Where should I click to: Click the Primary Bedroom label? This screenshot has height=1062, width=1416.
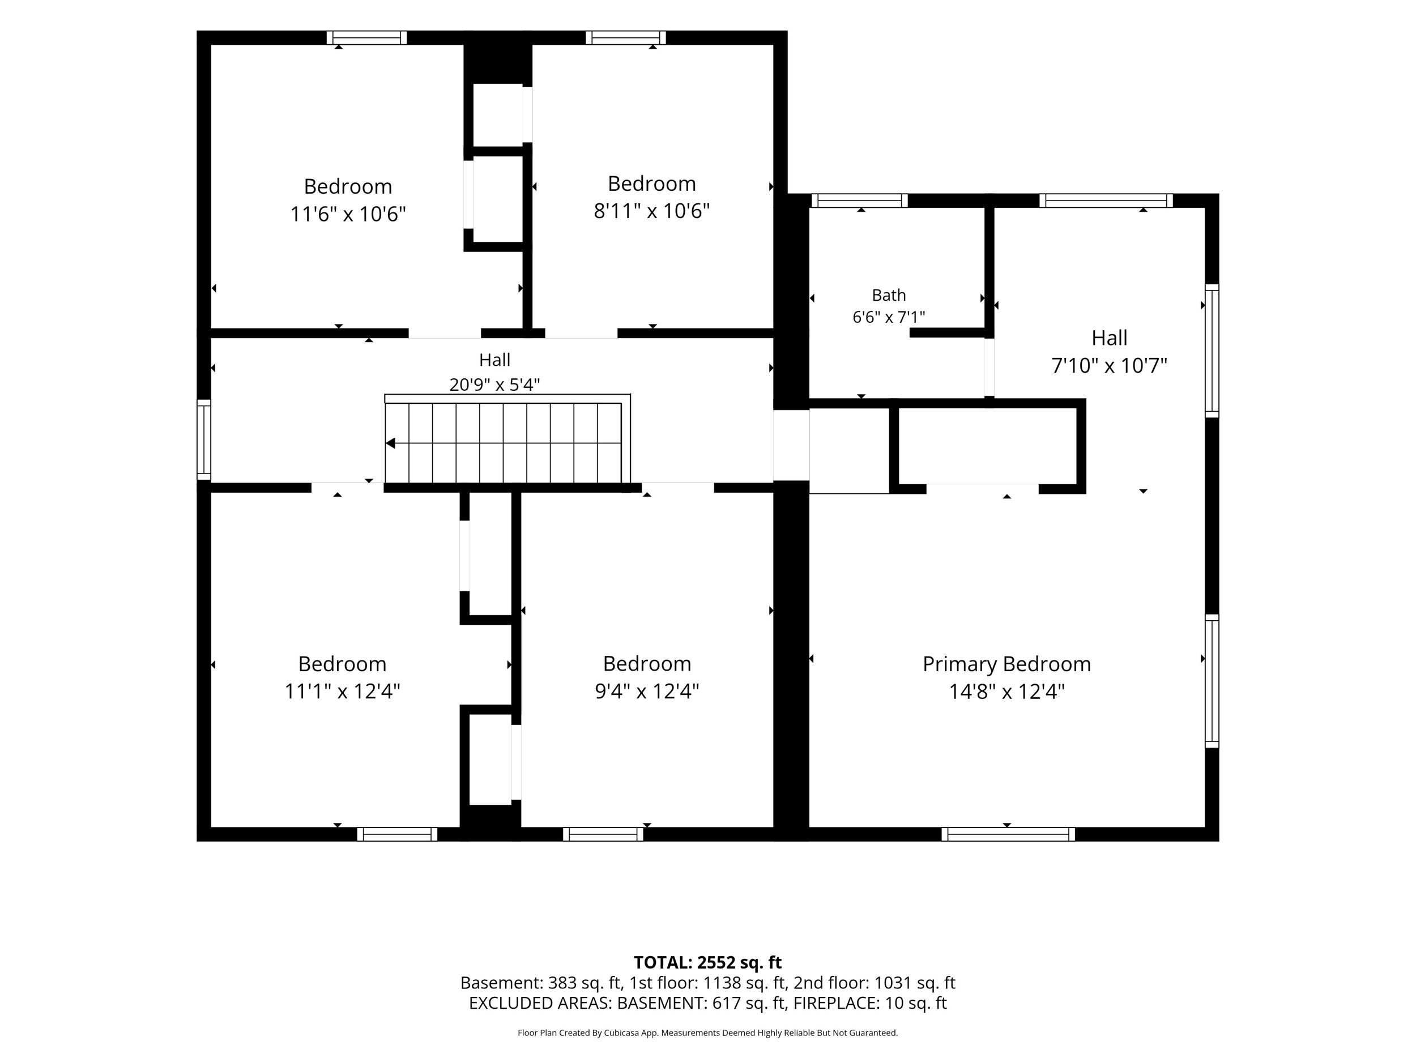pyautogui.click(x=1006, y=664)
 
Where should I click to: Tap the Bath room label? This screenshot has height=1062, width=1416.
pyautogui.click(x=889, y=295)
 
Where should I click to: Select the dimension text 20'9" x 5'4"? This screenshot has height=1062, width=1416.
pyautogui.click(x=494, y=385)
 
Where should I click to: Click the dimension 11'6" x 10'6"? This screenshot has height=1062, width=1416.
pyautogui.click(x=348, y=214)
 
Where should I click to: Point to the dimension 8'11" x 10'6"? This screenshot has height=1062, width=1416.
pyautogui.click(x=652, y=211)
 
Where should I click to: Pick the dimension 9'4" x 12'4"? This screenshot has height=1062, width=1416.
pyautogui.click(x=647, y=692)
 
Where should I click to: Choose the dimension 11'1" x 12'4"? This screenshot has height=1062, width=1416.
pyautogui.click(x=342, y=692)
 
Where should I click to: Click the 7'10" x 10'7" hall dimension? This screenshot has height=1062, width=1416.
pyautogui.click(x=1110, y=365)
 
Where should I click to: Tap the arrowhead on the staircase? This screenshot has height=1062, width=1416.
pyautogui.click(x=390, y=443)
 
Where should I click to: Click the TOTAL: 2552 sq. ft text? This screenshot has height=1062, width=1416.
pyautogui.click(x=707, y=963)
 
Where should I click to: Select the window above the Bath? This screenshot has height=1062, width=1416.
pyautogui.click(x=860, y=201)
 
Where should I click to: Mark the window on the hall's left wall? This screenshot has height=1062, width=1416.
pyautogui.click(x=203, y=440)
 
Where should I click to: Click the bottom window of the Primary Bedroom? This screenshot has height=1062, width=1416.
pyautogui.click(x=1008, y=834)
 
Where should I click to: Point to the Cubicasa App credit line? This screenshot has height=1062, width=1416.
pyautogui.click(x=707, y=1033)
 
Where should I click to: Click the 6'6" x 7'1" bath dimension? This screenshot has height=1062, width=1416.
pyautogui.click(x=889, y=317)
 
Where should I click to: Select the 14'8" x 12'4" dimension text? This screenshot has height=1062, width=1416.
pyautogui.click(x=1006, y=692)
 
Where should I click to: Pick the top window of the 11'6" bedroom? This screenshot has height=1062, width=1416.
pyautogui.click(x=367, y=38)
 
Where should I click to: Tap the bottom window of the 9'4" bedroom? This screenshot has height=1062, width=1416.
pyautogui.click(x=603, y=834)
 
